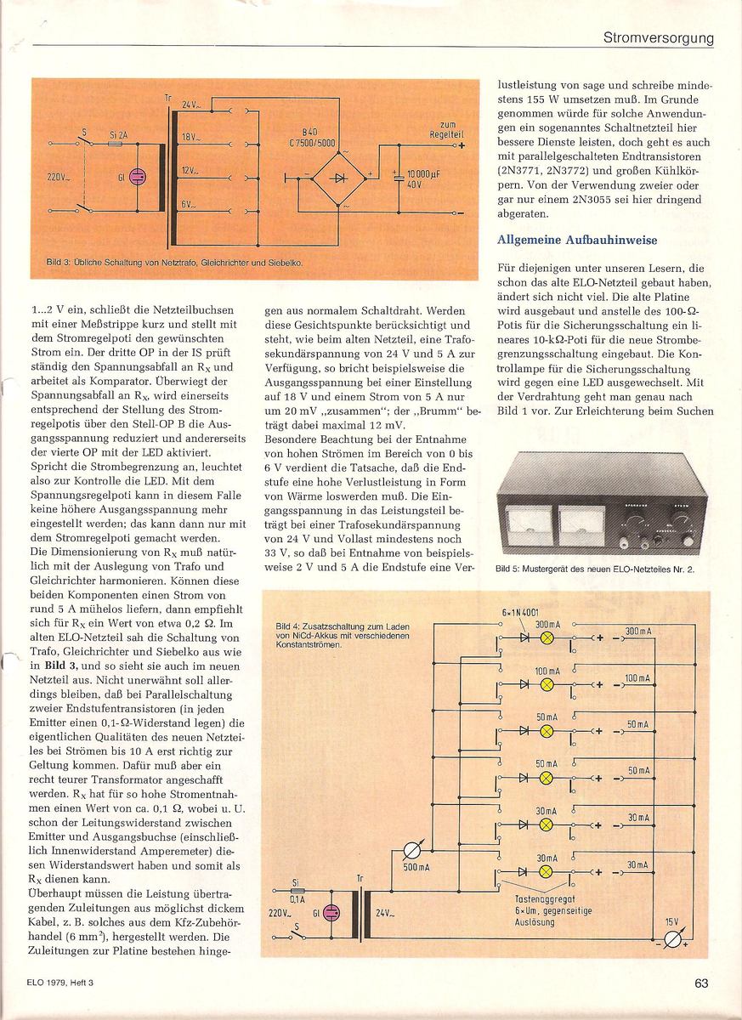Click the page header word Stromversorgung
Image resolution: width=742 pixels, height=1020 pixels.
[x=658, y=37]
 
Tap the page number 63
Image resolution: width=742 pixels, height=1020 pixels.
[x=701, y=983]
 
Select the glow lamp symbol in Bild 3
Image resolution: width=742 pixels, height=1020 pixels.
[x=139, y=178]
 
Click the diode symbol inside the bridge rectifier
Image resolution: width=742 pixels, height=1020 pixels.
[x=338, y=178]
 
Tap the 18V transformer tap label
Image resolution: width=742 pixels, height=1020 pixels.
[x=190, y=136]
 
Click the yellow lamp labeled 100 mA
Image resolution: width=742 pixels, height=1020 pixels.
[x=547, y=683]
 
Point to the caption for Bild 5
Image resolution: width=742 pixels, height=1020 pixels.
[x=594, y=570]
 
